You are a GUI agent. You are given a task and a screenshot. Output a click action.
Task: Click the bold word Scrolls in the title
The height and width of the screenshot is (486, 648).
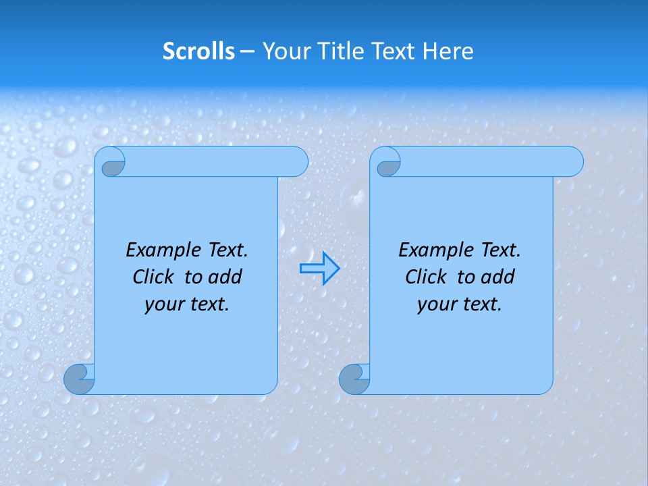pyautogui.click(x=198, y=51)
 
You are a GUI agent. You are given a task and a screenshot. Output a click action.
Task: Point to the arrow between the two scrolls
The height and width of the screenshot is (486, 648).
pyautogui.click(x=319, y=269)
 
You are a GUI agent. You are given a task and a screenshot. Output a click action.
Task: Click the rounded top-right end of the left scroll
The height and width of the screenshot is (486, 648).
pyautogui.click(x=297, y=162)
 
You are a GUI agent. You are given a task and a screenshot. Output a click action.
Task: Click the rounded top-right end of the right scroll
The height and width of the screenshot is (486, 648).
pyautogui.click(x=572, y=162)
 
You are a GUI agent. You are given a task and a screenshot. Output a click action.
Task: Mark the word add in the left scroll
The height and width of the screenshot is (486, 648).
pyautogui.click(x=225, y=277)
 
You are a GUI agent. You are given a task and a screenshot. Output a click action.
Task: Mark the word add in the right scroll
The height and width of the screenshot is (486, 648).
pyautogui.click(x=497, y=277)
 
